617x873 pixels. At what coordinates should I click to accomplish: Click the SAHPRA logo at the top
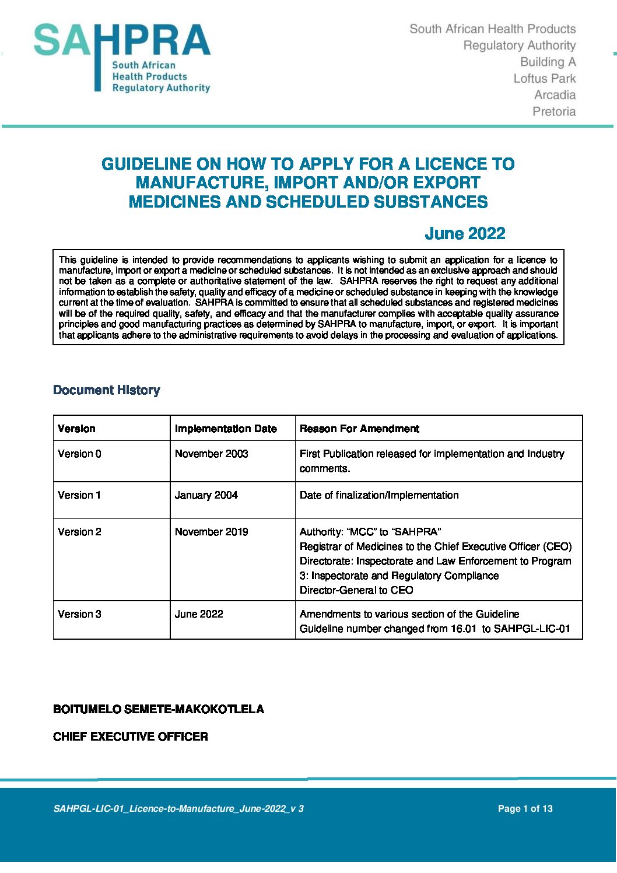[122, 58]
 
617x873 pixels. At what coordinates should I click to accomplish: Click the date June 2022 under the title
[465, 234]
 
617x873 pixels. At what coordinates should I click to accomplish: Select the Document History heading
[106, 390]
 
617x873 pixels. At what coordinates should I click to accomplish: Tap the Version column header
[76, 429]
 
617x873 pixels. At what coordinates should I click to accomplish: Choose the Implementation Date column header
[226, 429]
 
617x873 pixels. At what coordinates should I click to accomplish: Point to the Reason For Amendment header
[359, 429]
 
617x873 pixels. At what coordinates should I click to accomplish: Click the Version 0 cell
[79, 454]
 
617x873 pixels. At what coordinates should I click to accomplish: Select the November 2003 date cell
[211, 454]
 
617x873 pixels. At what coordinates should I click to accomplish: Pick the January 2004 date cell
[206, 495]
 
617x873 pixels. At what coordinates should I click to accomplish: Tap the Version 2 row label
[79, 532]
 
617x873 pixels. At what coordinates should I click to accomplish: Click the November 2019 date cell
[211, 532]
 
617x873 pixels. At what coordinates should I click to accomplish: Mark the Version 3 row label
[79, 614]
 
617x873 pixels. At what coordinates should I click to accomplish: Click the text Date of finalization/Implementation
[379, 495]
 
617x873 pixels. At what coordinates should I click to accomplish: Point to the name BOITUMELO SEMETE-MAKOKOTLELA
[159, 709]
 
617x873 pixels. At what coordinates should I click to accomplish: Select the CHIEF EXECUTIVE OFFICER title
[131, 737]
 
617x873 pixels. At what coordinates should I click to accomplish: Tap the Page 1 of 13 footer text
[525, 808]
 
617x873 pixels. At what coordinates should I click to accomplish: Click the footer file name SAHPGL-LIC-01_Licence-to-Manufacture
[178, 808]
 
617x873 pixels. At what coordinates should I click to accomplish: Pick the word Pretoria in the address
[554, 111]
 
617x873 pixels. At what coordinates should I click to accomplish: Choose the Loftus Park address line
[544, 78]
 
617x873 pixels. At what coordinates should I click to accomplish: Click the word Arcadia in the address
[555, 95]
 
